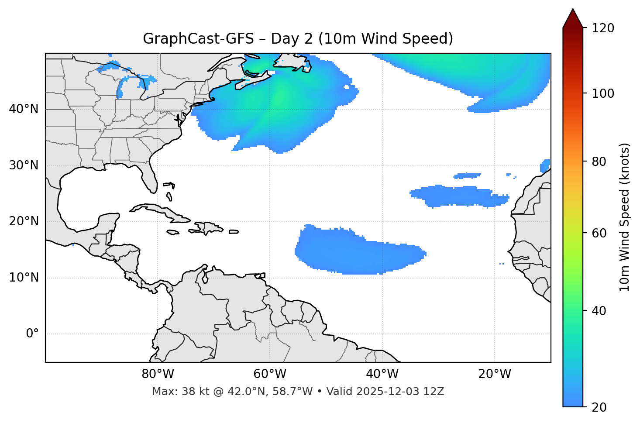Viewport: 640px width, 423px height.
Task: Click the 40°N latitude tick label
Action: tap(24, 109)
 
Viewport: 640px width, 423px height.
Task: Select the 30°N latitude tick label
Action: tap(24, 165)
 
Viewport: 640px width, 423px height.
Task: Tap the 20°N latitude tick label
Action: tap(24, 221)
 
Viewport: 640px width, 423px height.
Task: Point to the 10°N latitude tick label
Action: tap(24, 278)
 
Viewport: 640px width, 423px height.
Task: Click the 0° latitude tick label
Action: tap(32, 334)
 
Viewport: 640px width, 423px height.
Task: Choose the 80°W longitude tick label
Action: tap(158, 374)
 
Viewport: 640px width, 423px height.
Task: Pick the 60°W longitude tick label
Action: tap(270, 374)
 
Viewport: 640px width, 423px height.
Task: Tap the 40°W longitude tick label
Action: tap(382, 374)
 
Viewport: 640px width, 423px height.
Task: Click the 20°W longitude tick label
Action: tap(495, 374)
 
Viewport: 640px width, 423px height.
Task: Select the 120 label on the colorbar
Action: tap(603, 28)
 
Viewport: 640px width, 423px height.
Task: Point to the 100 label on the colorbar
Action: tap(603, 93)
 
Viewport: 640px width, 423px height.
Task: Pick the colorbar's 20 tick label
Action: tap(599, 407)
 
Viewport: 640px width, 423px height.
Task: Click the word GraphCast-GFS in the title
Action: tap(198, 39)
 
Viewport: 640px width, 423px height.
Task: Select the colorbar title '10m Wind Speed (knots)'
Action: tap(625, 217)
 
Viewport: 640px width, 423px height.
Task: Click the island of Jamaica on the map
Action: tap(173, 232)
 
